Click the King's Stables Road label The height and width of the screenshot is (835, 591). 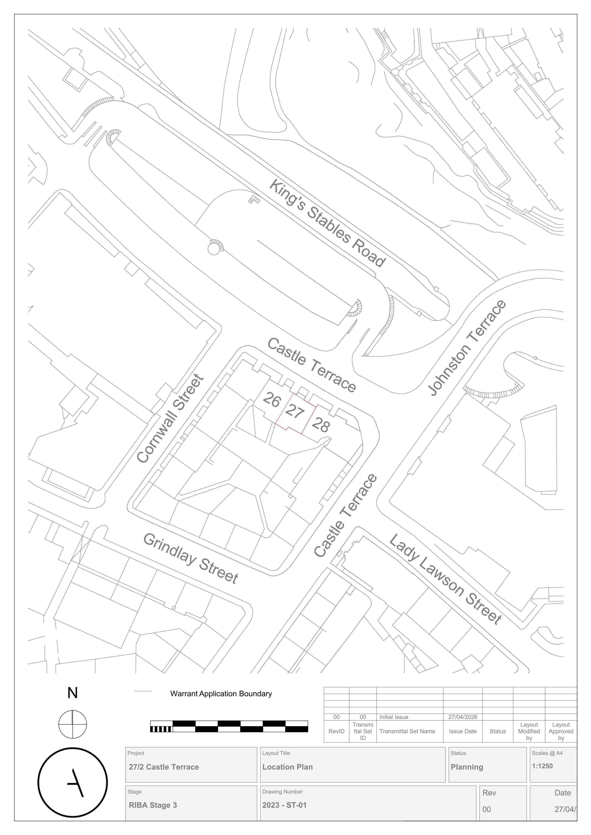click(327, 223)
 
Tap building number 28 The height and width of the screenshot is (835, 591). click(321, 424)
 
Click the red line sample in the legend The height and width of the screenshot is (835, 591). click(143, 691)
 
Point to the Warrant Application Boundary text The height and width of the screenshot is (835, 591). click(221, 694)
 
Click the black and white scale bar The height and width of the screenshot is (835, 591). click(229, 726)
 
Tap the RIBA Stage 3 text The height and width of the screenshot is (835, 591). click(153, 805)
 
